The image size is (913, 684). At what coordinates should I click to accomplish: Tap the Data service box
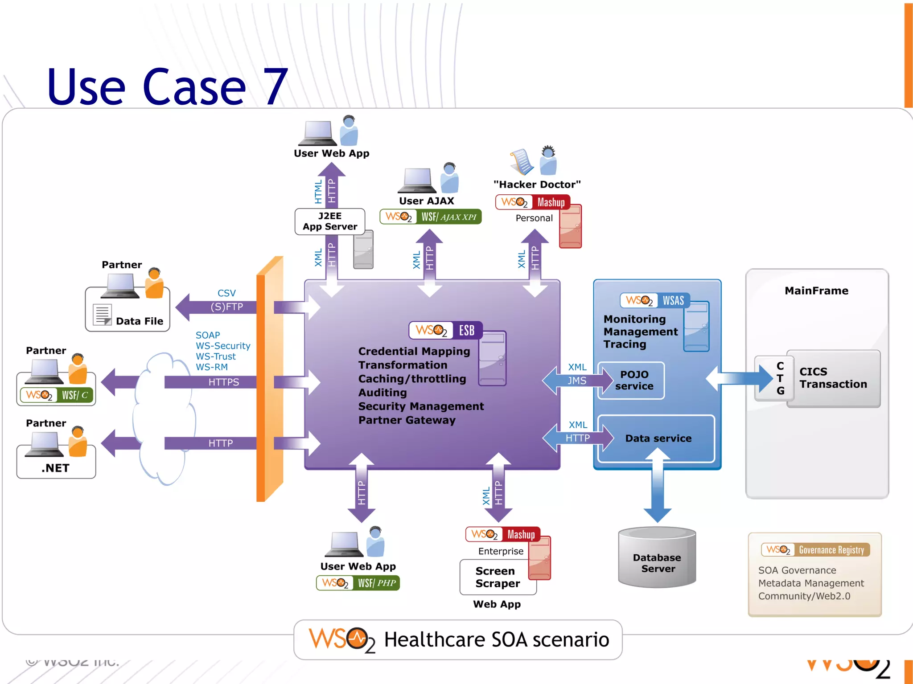(x=658, y=438)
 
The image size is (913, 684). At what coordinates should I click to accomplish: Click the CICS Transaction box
(x=833, y=378)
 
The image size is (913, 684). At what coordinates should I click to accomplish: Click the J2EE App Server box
(x=329, y=221)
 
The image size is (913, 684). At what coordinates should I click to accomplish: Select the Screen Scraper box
(x=497, y=577)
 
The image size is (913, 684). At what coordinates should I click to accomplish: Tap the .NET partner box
(x=56, y=467)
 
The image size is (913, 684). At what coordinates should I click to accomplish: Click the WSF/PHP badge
(x=358, y=582)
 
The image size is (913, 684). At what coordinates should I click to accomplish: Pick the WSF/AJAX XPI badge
(x=430, y=217)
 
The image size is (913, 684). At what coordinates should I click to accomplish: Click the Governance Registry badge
(x=815, y=550)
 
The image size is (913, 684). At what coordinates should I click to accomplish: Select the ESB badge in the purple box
(x=445, y=330)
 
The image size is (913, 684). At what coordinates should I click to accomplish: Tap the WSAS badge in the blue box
(x=654, y=300)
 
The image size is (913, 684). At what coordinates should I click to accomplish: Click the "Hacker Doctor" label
(x=537, y=184)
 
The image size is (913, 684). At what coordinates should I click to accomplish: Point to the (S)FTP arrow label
(x=226, y=307)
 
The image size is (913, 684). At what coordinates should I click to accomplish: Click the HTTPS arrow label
(x=224, y=382)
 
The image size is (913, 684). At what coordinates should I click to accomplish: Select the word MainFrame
(x=816, y=291)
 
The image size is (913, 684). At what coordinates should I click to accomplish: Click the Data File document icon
(x=103, y=315)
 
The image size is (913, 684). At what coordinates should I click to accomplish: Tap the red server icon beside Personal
(x=570, y=226)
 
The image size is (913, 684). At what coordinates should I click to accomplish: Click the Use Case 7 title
(x=167, y=87)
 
